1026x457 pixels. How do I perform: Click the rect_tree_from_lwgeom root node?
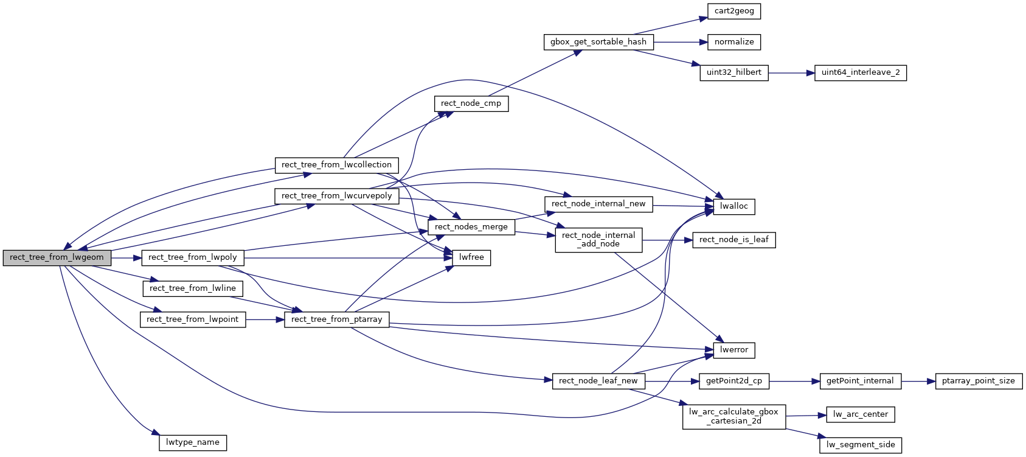coord(57,257)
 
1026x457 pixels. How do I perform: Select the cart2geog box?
coord(734,11)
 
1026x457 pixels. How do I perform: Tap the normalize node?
coord(734,42)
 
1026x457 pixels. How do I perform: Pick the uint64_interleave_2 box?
coord(860,72)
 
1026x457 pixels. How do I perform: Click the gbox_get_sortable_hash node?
coord(598,42)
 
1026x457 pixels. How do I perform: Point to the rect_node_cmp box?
coord(471,103)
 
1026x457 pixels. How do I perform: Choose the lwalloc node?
coord(733,206)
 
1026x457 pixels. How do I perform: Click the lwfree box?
coord(471,257)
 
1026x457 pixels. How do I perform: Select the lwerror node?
coord(733,350)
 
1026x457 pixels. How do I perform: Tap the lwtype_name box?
coord(192,442)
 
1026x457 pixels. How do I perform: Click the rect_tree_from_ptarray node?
coord(336,319)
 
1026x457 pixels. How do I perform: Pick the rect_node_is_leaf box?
coord(733,240)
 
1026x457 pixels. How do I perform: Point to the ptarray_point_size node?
coord(978,381)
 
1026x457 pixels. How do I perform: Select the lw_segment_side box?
coord(860,445)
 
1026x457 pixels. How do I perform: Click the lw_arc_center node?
coord(860,414)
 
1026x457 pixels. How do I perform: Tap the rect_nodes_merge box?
coord(471,227)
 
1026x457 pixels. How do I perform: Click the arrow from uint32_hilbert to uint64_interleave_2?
coord(791,73)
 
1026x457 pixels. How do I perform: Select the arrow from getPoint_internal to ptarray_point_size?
coord(918,382)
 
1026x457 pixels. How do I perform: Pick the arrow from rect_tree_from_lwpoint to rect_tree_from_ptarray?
coord(265,319)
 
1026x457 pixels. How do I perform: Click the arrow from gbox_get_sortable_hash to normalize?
coord(680,42)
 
